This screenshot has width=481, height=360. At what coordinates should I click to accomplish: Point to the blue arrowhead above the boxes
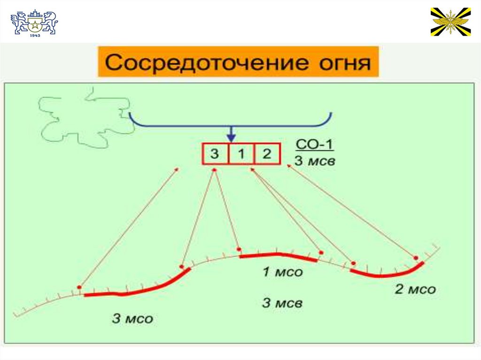[x=231, y=137]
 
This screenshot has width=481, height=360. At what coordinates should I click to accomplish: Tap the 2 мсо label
[x=415, y=289]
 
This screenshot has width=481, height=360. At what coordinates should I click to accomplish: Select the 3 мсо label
[x=132, y=319]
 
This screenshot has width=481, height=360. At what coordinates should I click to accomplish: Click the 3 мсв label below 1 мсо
[x=282, y=303]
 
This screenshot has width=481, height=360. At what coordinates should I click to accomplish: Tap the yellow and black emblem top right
[x=450, y=22]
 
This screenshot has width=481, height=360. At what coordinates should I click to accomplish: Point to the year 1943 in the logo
[x=34, y=36]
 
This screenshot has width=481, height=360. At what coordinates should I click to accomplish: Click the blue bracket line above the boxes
[x=282, y=126]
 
